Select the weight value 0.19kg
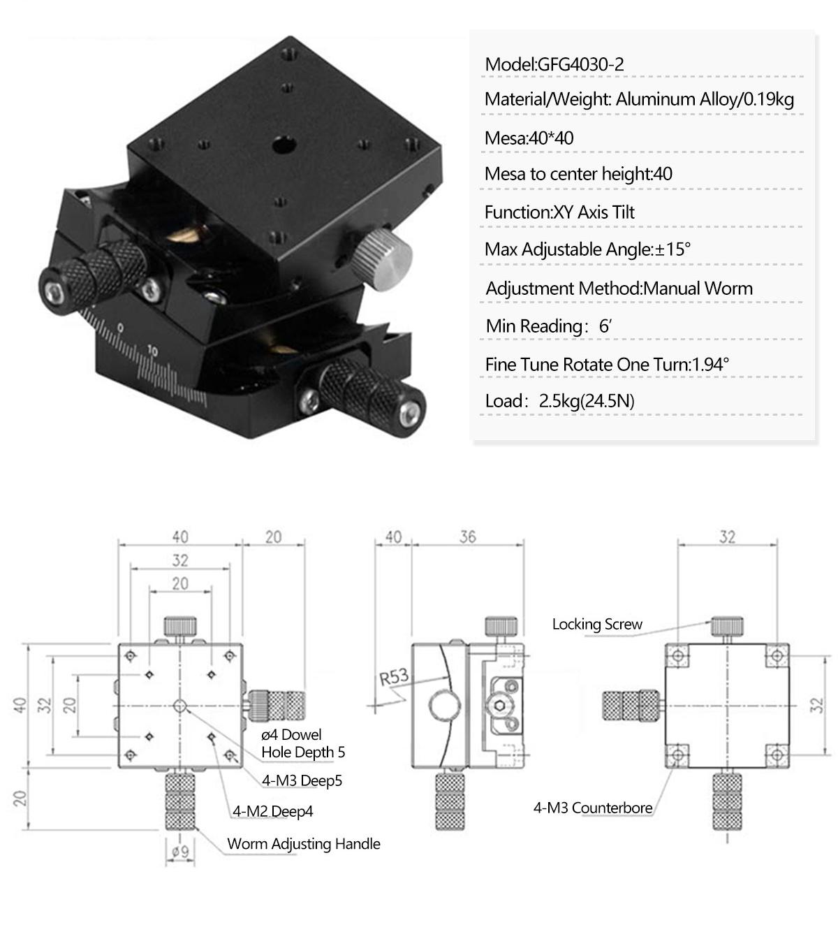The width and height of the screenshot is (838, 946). coord(768,99)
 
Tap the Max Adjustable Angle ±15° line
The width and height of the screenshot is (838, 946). coord(587,249)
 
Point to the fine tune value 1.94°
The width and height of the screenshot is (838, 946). coord(710,364)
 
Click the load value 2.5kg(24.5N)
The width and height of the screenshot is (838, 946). coord(586,401)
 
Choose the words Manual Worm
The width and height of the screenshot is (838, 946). coord(698,289)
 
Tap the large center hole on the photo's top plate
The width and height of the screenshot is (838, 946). coord(283,147)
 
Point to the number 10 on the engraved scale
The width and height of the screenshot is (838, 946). coord(153,351)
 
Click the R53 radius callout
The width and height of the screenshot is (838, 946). coord(394,677)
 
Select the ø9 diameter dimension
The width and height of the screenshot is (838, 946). coord(180,852)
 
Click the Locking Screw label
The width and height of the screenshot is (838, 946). coord(597,625)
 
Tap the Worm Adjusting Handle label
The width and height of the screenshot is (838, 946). coord(304,844)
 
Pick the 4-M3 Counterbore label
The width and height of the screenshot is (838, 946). coord(593,808)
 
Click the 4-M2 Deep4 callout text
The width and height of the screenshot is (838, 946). coord(273,812)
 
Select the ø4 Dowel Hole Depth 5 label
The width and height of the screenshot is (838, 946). coord(302,743)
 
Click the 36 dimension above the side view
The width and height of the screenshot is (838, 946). coord(468,537)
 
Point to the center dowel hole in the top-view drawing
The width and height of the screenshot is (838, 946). coord(180,706)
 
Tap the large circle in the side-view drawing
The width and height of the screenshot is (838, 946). coord(444,706)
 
